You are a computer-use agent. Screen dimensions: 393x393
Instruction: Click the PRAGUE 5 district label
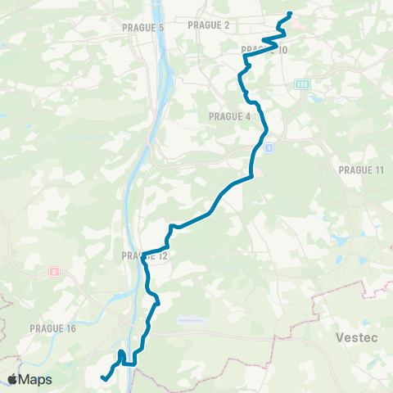click(x=144, y=28)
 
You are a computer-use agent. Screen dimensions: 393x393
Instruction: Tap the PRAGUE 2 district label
click(x=209, y=25)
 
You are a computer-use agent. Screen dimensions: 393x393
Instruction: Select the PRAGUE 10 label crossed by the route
click(x=264, y=51)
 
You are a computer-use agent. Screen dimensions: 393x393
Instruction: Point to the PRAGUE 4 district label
click(x=230, y=116)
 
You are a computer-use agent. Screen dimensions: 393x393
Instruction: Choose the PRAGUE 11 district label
click(x=360, y=169)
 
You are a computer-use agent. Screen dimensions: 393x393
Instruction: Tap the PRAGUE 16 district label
click(x=52, y=328)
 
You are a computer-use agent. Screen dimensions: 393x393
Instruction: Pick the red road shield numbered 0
click(x=55, y=271)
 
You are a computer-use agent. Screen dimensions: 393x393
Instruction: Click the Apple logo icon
click(x=13, y=379)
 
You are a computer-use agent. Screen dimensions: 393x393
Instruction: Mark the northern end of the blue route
click(x=291, y=14)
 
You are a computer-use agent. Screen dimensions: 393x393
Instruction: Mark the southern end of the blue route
click(x=102, y=377)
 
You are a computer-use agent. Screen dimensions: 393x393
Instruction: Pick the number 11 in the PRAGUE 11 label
click(x=377, y=169)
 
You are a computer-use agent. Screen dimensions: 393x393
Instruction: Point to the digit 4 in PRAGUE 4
click(x=247, y=116)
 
